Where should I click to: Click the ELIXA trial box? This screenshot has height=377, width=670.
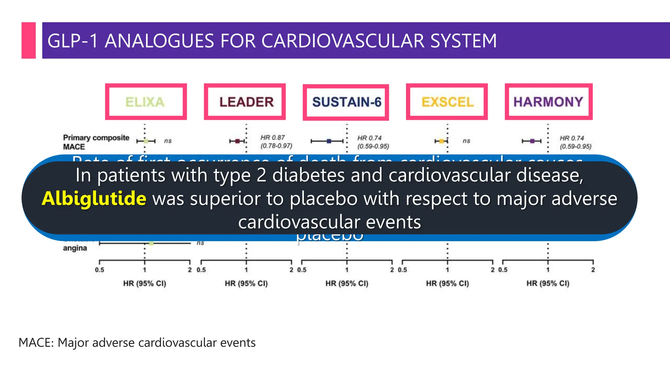tap(146, 102)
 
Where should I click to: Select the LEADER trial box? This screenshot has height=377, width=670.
tap(245, 102)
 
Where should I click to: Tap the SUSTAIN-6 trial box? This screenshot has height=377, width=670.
tap(346, 102)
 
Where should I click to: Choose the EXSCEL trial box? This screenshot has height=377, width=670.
tap(447, 102)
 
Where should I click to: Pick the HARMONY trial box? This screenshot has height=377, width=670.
tap(548, 102)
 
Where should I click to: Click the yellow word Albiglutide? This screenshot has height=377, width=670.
tap(94, 199)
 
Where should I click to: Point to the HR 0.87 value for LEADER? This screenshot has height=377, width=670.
tap(273, 138)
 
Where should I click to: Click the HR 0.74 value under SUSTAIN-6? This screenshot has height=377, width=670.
tap(369, 138)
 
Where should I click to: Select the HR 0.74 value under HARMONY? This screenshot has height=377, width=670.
tap(572, 138)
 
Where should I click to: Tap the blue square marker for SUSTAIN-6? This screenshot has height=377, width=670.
tap(329, 141)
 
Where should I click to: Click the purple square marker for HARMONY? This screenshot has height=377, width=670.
tap(532, 141)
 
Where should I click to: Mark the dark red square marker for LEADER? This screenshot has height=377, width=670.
tap(238, 141)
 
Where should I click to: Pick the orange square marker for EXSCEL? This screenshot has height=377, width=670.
tap(441, 141)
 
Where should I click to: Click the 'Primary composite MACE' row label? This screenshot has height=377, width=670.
tap(96, 142)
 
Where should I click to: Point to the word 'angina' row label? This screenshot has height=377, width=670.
tap(75, 248)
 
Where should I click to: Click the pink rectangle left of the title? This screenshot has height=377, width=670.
tap(28, 40)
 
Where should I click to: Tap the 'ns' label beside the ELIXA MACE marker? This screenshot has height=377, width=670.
tap(168, 141)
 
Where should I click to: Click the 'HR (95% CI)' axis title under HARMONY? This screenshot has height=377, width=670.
tap(548, 283)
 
